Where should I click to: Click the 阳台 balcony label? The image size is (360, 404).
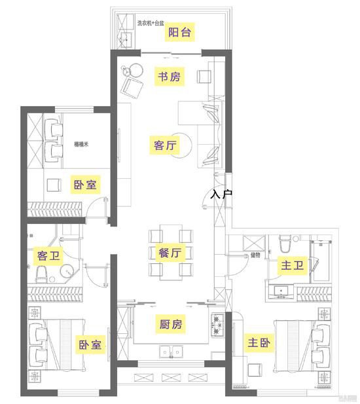tap(180, 33)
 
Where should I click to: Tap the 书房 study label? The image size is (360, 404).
tap(168, 77)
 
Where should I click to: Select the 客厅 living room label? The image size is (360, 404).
tap(165, 145)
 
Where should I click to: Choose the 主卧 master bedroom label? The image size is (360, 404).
tap(257, 342)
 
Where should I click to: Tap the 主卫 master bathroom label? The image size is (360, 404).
tap(291, 265)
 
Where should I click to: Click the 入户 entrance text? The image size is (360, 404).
tap(222, 194)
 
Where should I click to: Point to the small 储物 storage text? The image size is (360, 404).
tap(255, 255)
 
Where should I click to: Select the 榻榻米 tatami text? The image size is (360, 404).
tap(81, 143)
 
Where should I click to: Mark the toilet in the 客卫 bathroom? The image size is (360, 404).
tap(43, 273)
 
